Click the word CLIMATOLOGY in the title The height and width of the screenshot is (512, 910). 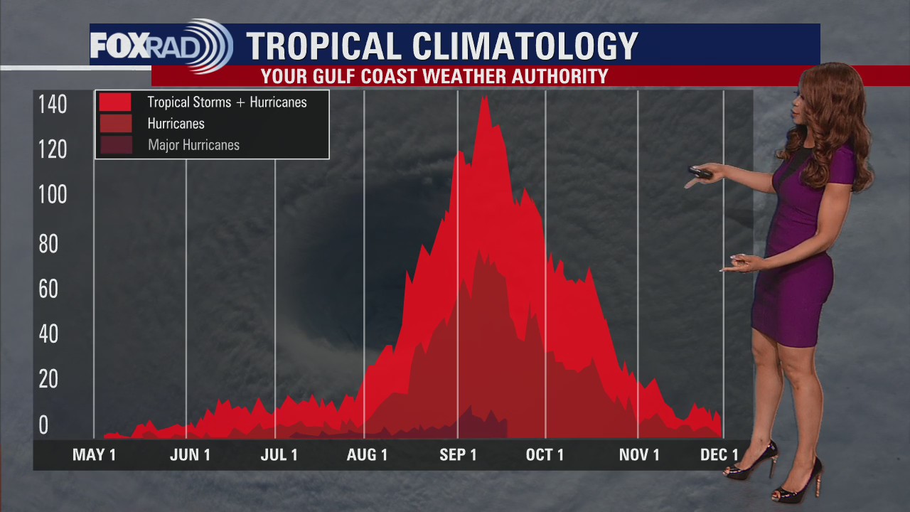coord(525,46)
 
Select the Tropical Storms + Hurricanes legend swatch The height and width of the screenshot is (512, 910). coord(115,102)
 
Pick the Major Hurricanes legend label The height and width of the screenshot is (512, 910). coord(193,145)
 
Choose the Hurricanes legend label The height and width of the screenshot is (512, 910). coord(176,124)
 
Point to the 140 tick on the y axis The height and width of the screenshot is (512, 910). coord(53,105)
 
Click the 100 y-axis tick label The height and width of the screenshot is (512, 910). coord(53,195)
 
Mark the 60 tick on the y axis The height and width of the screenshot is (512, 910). coord(48,289)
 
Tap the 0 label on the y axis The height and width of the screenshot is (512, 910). coord(44,425)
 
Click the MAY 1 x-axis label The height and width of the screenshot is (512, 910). coord(94,455)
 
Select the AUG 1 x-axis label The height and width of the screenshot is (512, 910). coord(367,455)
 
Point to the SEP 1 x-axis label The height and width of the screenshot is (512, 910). coord(458,455)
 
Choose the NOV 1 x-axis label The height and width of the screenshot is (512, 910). coord(639,455)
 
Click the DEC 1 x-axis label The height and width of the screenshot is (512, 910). coord(719,455)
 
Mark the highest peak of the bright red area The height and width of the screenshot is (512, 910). coord(485,97)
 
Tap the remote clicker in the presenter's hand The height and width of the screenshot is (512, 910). coord(700,172)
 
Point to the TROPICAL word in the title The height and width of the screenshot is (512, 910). coord(323,46)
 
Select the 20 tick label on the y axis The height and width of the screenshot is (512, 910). coord(48,380)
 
